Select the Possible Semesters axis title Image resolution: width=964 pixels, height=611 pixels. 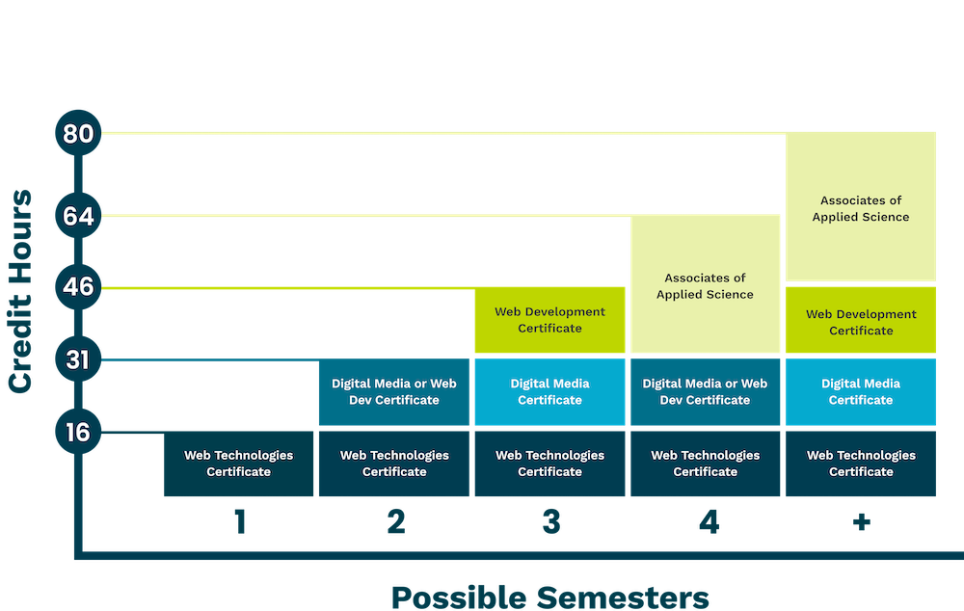pyautogui.click(x=549, y=596)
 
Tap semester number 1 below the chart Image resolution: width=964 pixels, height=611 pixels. pyautogui.click(x=240, y=522)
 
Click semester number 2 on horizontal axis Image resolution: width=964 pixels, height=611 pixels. pyautogui.click(x=395, y=522)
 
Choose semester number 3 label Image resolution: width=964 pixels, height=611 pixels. pyautogui.click(x=550, y=522)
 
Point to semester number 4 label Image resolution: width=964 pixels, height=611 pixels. pyautogui.click(x=708, y=522)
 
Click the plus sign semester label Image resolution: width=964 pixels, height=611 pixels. pyautogui.click(x=861, y=522)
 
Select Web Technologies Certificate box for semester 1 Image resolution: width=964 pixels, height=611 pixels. pyautogui.click(x=238, y=464)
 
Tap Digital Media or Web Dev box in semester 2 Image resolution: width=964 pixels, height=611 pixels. pyautogui.click(x=394, y=392)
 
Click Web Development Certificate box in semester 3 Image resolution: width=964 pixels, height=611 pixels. pyautogui.click(x=550, y=320)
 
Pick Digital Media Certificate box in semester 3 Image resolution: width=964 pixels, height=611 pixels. pyautogui.click(x=550, y=392)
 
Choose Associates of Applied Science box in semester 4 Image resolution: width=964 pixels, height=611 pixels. pyautogui.click(x=705, y=285)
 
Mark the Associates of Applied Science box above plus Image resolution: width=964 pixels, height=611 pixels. pyautogui.click(x=861, y=207)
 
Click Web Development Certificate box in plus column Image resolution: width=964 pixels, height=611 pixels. pyautogui.click(x=861, y=321)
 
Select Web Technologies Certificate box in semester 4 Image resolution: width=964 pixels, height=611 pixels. pyautogui.click(x=705, y=464)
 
